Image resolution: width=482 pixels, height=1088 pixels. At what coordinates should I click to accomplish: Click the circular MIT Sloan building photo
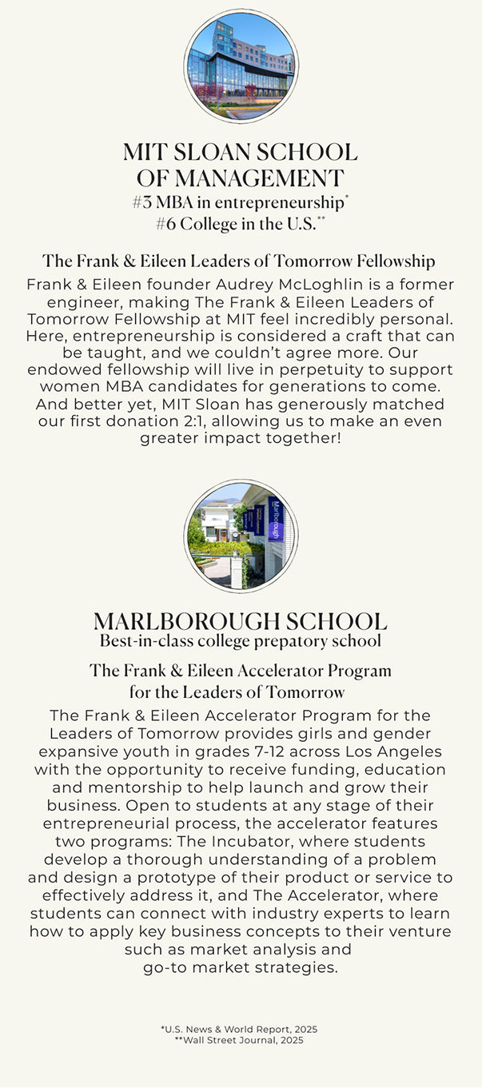pos(241,66)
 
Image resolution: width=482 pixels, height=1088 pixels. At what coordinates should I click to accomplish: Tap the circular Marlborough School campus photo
pos(241,536)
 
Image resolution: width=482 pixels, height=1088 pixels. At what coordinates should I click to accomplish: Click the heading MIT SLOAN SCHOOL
pos(241,152)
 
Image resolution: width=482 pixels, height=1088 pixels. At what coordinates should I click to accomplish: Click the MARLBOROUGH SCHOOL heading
pos(241,621)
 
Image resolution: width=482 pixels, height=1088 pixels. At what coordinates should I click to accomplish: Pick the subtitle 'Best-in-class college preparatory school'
pos(241,641)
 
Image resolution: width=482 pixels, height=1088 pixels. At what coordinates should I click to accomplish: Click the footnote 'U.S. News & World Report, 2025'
pos(241,1030)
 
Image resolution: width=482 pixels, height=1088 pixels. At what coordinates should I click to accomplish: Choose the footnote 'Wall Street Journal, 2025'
pos(241,1040)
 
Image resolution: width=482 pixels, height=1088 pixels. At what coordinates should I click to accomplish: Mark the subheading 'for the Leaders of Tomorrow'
pos(237,692)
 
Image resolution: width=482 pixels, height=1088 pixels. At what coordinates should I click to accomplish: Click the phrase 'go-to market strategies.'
pos(241,967)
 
